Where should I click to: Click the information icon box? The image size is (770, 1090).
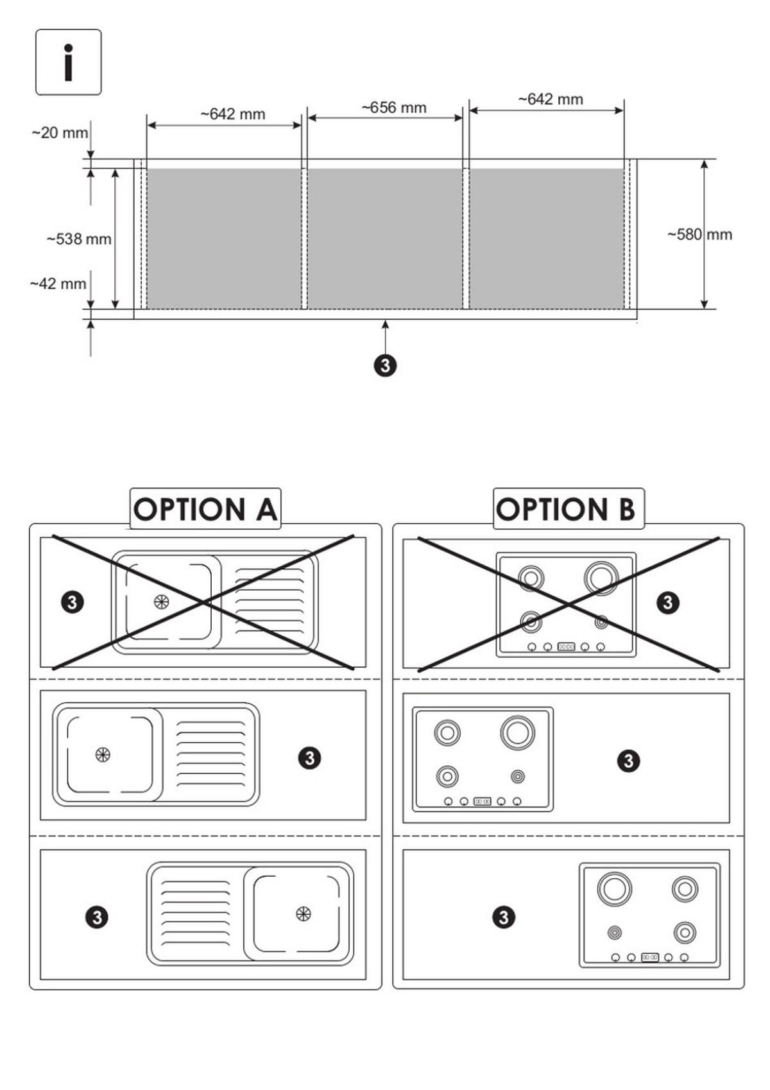68,62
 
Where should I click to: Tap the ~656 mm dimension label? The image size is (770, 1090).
393,107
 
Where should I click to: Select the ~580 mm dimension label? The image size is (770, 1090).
699,234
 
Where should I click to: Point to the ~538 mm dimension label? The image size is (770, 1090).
79,239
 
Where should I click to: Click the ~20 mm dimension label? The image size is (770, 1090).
60,133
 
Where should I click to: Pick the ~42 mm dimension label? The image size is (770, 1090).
58,283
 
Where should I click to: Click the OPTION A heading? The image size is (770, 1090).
205,509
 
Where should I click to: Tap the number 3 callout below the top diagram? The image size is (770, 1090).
385,365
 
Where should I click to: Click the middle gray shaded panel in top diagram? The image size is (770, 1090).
385,239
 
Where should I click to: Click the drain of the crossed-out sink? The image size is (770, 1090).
162,601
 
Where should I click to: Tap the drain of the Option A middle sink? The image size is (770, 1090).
103,754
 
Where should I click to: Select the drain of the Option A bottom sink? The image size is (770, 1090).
303,913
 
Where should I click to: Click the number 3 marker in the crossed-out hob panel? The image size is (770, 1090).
668,602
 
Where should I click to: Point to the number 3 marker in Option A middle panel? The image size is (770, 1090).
309,758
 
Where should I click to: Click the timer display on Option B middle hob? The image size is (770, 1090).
482,801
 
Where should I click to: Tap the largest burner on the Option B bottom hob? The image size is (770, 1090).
614,888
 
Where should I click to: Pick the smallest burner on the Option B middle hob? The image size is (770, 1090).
518,777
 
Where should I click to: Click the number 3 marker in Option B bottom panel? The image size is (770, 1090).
504,917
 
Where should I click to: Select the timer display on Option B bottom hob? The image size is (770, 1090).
649,957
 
